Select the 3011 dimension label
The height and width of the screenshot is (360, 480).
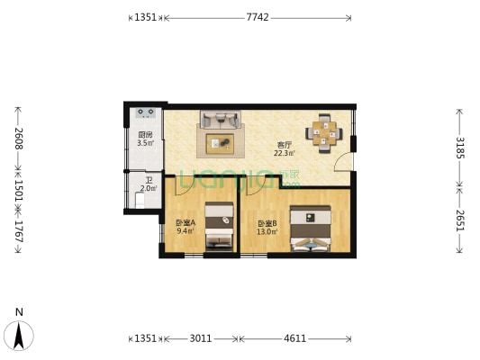pyautogui.click(x=200, y=338)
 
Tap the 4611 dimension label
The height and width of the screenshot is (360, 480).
pyautogui.click(x=294, y=338)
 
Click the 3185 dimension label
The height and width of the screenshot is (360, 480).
pyautogui.click(x=459, y=147)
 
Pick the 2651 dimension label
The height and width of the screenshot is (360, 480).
pyautogui.click(x=459, y=220)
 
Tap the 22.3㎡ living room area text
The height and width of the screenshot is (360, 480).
pyautogui.click(x=285, y=153)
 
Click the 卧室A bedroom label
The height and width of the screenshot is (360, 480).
pyautogui.click(x=186, y=222)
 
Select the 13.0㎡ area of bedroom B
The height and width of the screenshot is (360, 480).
pyautogui.click(x=267, y=231)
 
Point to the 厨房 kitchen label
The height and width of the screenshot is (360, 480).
pyautogui.click(x=144, y=135)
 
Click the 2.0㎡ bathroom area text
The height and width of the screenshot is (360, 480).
pyautogui.click(x=148, y=189)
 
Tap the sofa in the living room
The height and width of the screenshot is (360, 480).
pyautogui.click(x=220, y=119)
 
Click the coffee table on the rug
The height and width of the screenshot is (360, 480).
pyautogui.click(x=222, y=142)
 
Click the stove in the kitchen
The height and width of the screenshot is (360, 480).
pyautogui.click(x=145, y=114)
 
